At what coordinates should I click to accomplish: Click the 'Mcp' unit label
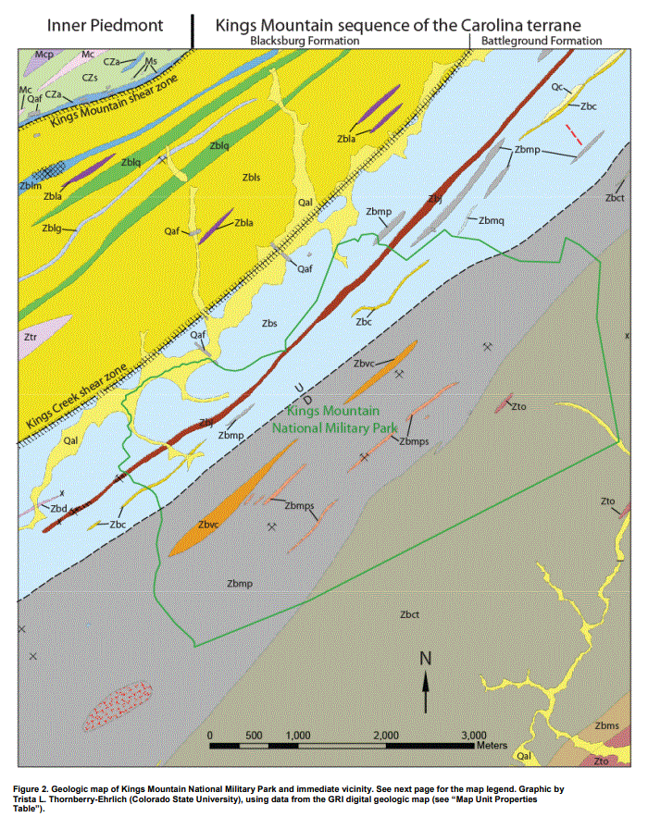[44, 56]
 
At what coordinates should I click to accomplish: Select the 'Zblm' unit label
[30, 186]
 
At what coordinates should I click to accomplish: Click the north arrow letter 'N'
[426, 659]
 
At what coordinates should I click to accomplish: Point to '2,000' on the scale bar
[385, 735]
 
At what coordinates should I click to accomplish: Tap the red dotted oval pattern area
[118, 706]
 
